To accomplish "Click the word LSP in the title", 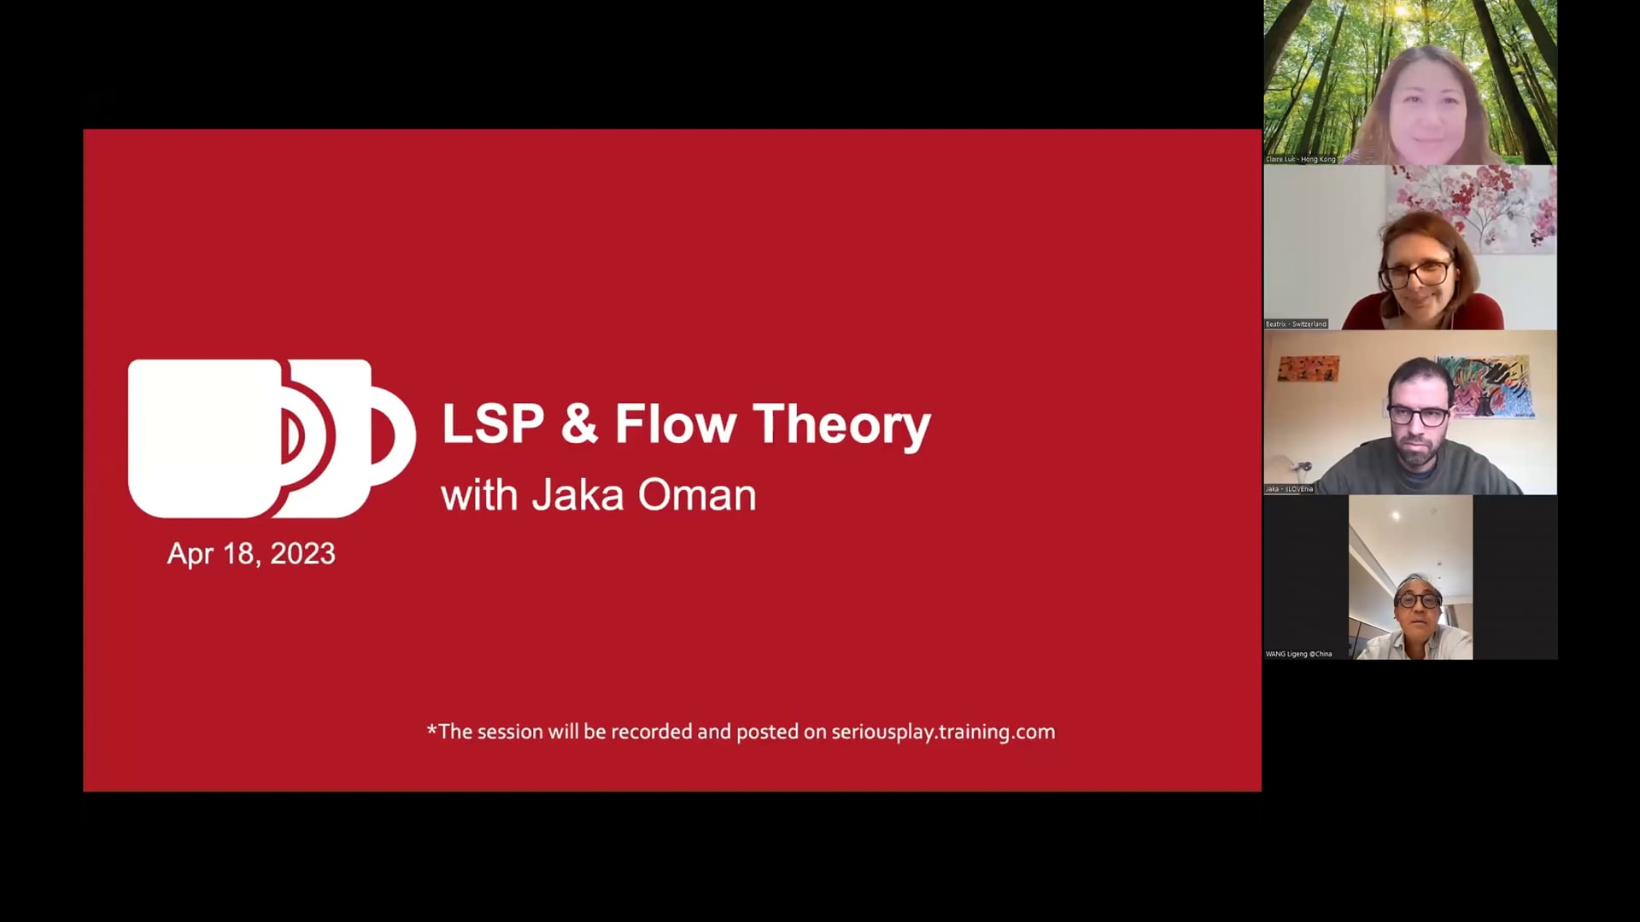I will coord(493,424).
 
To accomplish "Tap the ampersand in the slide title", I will coord(579,424).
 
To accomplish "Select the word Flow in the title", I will coord(675,424).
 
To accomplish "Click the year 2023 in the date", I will coord(302,554).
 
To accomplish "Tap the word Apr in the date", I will coord(190,554).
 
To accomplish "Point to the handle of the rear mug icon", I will coord(394,436).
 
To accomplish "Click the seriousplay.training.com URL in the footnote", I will coord(943,732).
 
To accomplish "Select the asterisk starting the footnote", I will coord(431,729).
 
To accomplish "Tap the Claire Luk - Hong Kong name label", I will coord(1300,159).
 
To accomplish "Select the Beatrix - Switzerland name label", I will coord(1296,324).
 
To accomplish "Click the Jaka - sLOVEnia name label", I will coord(1289,489).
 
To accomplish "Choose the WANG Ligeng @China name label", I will coord(1298,654).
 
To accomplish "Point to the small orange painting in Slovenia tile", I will coord(1308,369).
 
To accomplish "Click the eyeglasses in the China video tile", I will coord(1418,600).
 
